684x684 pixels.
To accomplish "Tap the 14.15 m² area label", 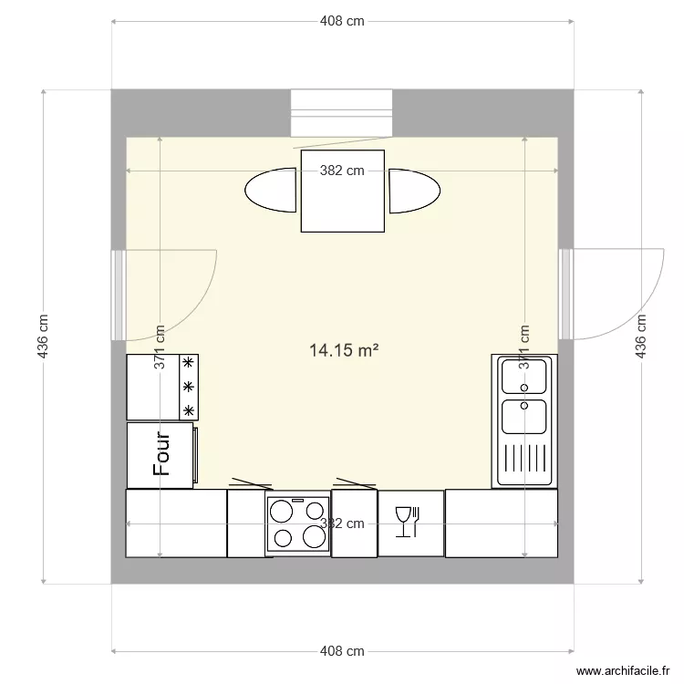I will point(344,349).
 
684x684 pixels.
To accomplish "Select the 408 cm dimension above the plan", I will point(342,22).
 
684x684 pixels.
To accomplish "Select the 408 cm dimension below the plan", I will point(342,651).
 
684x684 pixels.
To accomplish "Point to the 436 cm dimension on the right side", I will point(641,337).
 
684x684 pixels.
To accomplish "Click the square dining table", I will point(342,192).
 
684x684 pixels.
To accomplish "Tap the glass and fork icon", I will point(410,523).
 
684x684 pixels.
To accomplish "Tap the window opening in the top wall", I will point(341,113).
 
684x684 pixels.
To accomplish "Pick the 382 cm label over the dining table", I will point(342,170).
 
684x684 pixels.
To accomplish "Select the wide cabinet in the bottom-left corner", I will point(176,523).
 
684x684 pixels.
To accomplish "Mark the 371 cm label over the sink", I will point(524,347).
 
